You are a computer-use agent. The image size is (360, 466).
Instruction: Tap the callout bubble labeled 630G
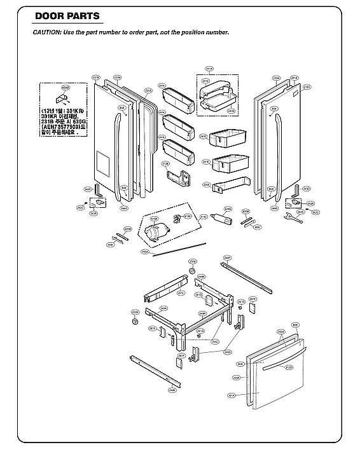click(65, 87)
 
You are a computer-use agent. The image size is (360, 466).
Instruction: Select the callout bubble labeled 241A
click(209, 74)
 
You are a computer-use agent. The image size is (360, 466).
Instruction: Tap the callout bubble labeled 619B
click(188, 217)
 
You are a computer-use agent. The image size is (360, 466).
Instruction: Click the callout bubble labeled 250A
click(146, 252)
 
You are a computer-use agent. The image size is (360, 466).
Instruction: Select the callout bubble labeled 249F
click(226, 257)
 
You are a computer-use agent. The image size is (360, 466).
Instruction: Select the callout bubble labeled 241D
click(203, 136)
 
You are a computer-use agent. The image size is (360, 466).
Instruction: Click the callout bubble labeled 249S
click(227, 352)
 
